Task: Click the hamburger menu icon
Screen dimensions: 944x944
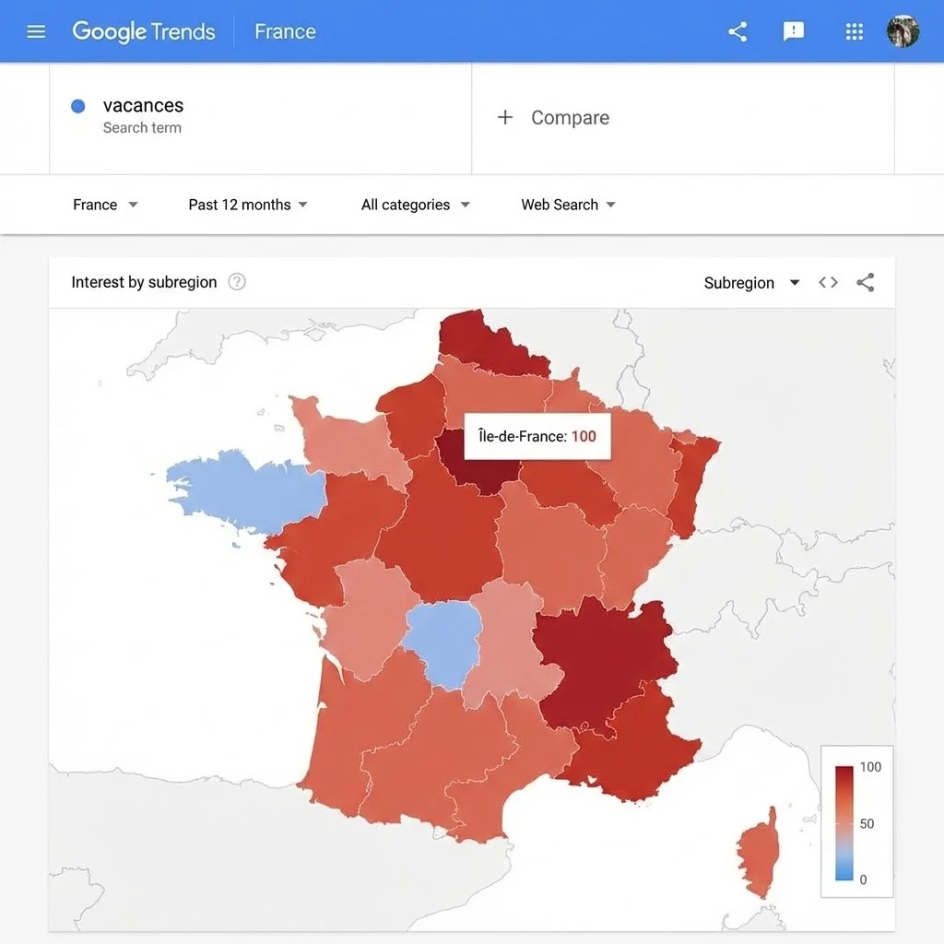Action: [36, 32]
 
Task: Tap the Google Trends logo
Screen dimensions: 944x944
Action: [143, 31]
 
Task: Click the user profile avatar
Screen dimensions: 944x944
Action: [903, 31]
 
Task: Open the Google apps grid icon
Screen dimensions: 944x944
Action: [855, 32]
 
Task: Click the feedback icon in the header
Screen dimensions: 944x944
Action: [793, 31]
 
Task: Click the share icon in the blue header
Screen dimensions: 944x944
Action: [737, 32]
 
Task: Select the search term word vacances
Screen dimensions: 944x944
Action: [143, 105]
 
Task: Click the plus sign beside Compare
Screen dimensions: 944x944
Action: [504, 117]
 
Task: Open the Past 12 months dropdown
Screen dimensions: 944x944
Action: [248, 205]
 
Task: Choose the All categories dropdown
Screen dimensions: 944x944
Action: [415, 205]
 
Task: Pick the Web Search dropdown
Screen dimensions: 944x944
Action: [568, 205]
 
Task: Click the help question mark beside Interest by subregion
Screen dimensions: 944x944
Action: [237, 282]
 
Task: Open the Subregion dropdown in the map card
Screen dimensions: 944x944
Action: [751, 283]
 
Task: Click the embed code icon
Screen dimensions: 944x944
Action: [828, 283]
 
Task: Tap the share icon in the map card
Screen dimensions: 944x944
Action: [865, 283]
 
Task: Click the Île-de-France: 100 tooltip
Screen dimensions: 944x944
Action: [537, 436]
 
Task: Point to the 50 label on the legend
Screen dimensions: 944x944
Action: [867, 823]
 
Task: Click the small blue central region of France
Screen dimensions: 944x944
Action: [443, 640]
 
